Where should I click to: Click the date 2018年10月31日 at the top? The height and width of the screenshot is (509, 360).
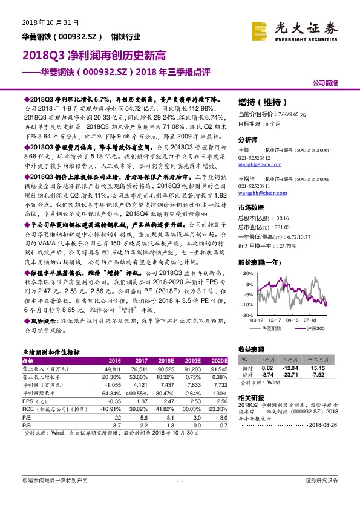coord(51,22)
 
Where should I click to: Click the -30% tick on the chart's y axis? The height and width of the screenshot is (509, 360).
coord(247,316)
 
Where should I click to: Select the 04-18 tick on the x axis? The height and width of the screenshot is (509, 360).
coord(293,320)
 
